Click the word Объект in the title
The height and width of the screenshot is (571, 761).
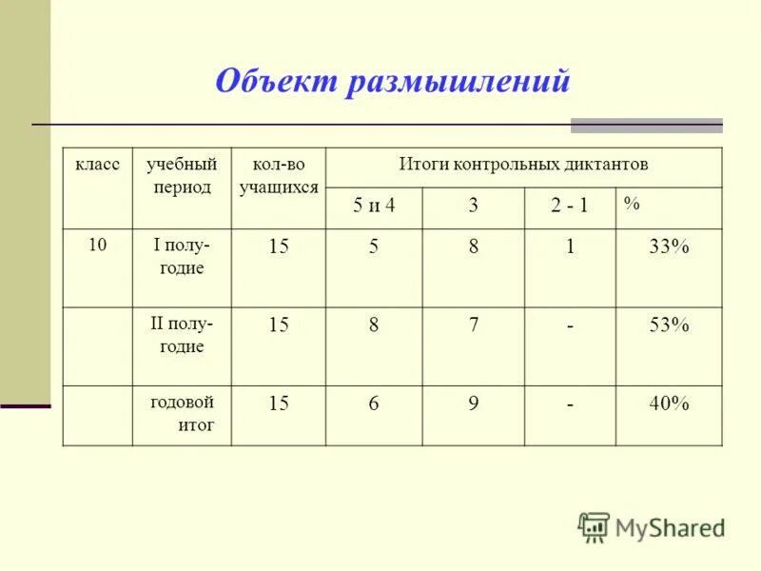tap(275, 82)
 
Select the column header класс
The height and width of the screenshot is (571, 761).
tap(98, 165)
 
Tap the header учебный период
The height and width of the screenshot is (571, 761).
tap(182, 175)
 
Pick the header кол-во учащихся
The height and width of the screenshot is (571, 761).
tap(279, 175)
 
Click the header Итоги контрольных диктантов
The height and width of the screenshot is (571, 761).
tap(523, 165)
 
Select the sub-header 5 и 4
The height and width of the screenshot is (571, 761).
tap(374, 207)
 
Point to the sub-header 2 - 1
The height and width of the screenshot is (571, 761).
tap(569, 207)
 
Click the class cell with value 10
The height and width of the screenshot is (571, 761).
tap(97, 246)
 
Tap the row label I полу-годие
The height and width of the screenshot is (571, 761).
tap(182, 256)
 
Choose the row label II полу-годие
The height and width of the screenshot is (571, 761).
tap(182, 335)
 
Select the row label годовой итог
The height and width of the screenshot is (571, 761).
tap(182, 413)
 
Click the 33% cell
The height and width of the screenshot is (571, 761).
tap(669, 247)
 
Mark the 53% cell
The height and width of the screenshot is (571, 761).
tap(669, 325)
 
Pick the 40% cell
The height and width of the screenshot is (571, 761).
tap(669, 404)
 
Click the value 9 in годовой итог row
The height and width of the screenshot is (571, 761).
tap(473, 404)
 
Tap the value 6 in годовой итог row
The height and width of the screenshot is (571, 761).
tap(374, 404)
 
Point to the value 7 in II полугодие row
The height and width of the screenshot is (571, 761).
tap(473, 325)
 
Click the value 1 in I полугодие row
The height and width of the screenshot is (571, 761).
tap(570, 247)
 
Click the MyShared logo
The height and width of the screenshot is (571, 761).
tap(652, 526)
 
